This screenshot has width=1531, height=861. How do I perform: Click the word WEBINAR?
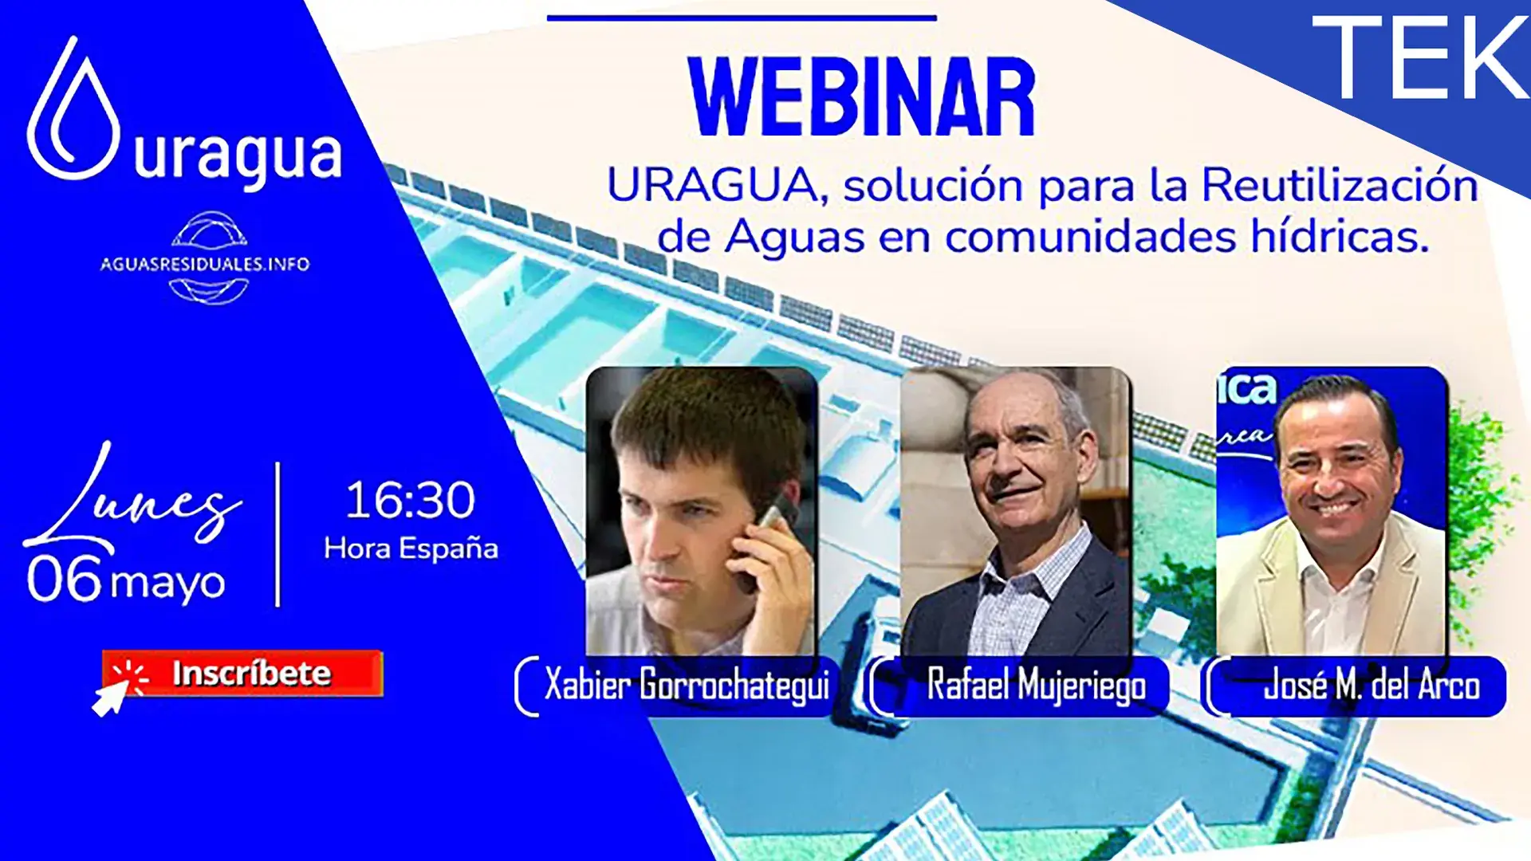[862, 97]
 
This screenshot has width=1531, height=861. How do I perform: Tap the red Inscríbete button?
[242, 674]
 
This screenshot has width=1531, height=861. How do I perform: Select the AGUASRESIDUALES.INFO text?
[205, 265]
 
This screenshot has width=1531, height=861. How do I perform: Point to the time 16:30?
[411, 500]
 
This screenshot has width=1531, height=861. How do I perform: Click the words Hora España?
[411, 548]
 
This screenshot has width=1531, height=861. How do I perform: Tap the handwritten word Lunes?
[132, 498]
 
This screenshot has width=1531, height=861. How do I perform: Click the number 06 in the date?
[65, 579]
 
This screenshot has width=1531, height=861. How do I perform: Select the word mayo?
[167, 584]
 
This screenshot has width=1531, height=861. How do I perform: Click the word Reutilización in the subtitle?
[1340, 185]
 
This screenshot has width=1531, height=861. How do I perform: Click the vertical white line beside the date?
[277, 534]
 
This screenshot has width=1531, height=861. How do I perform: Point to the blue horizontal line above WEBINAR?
[742, 18]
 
